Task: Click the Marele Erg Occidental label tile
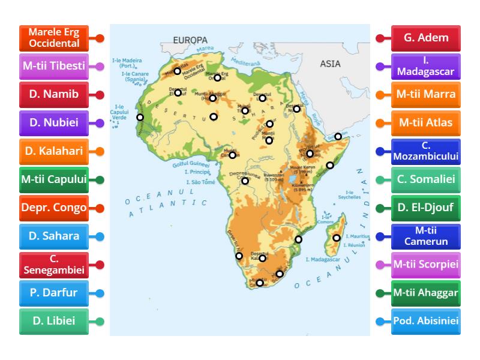click(x=53, y=38)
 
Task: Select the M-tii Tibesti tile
click(x=53, y=66)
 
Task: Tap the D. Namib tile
click(x=53, y=95)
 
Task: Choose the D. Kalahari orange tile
click(x=53, y=152)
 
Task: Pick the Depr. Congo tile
click(x=53, y=208)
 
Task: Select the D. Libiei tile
click(x=53, y=321)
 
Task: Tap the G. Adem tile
click(x=426, y=38)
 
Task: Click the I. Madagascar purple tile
click(x=426, y=66)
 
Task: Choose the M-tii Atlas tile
click(x=426, y=123)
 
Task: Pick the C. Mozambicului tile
click(x=426, y=152)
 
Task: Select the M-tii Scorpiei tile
click(x=426, y=265)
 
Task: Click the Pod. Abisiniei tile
click(x=426, y=321)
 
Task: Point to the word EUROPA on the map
click(x=190, y=40)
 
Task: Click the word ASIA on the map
click(x=330, y=63)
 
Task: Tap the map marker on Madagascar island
click(x=337, y=238)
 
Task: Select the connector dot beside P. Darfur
click(x=100, y=293)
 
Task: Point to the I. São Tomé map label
click(x=200, y=182)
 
